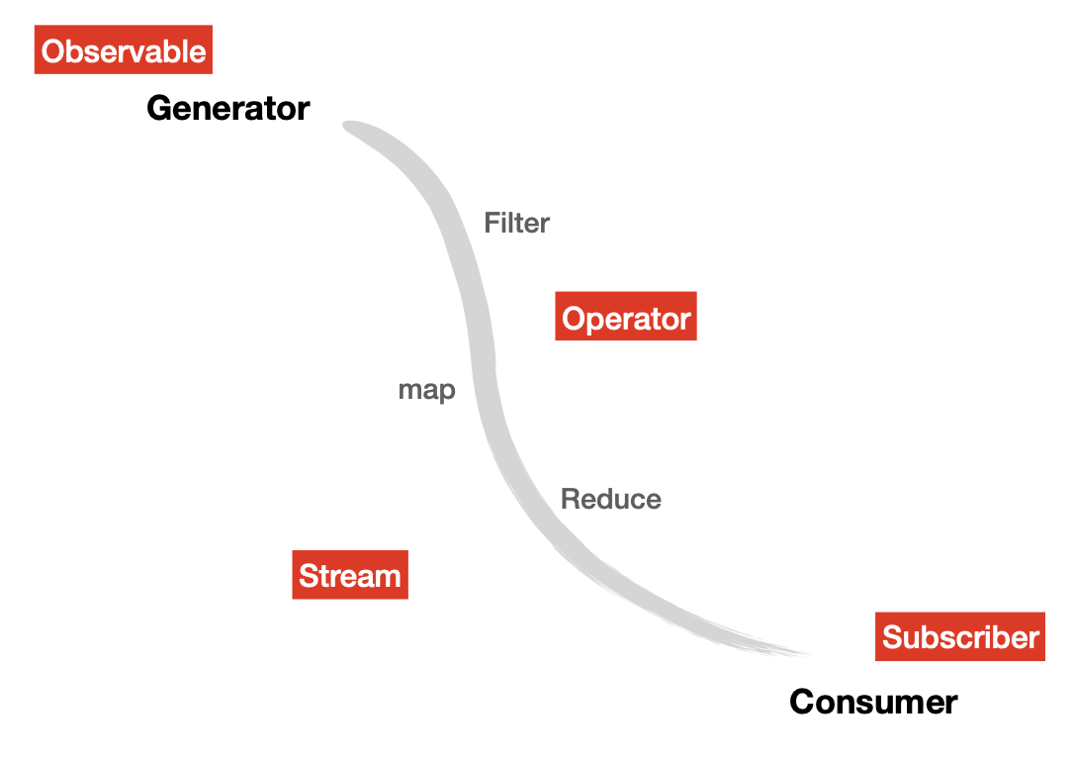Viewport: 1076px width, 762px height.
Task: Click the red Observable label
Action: click(124, 50)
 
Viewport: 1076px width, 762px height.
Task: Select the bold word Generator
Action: click(227, 108)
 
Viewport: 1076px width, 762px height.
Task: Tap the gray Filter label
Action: click(516, 223)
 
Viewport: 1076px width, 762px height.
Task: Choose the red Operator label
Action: click(625, 318)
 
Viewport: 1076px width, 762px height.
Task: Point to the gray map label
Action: click(426, 390)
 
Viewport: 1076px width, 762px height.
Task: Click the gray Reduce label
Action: click(610, 499)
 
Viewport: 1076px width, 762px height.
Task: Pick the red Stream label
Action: click(349, 575)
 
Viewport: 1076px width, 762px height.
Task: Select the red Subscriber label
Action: click(959, 636)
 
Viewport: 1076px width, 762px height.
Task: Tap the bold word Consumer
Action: click(873, 702)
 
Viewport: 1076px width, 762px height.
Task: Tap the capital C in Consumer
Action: click(802, 702)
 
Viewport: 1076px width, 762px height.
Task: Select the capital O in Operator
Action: click(575, 318)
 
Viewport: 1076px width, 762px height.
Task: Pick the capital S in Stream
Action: click(309, 575)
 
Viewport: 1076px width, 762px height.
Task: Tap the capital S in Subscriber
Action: click(892, 636)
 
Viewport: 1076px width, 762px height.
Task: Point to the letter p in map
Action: click(447, 392)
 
